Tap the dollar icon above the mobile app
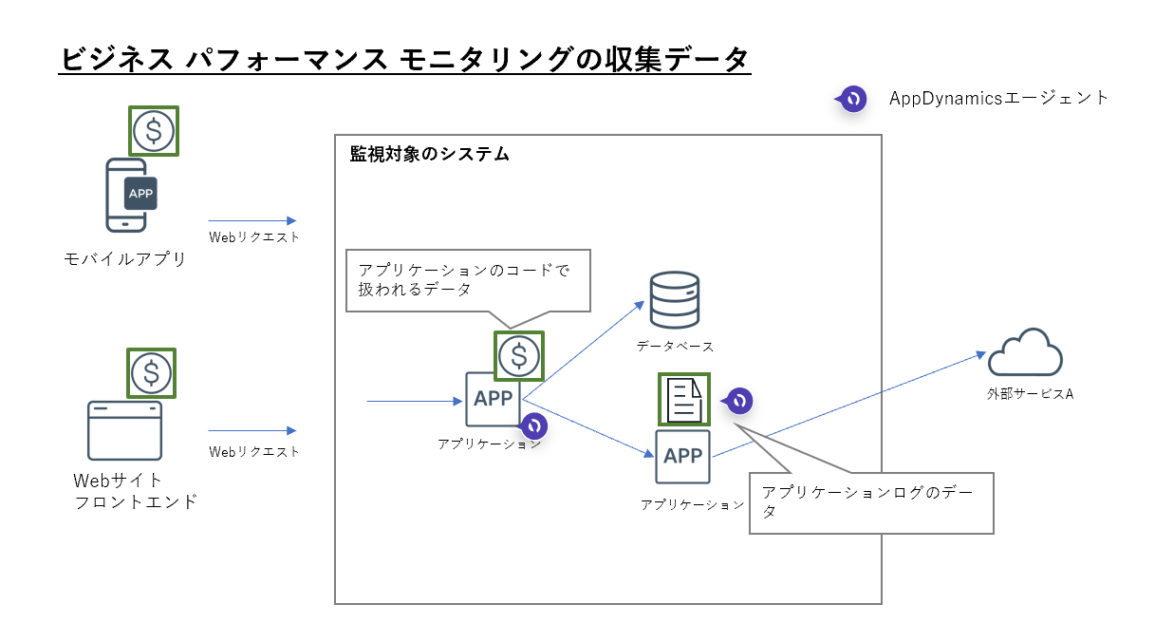(153, 131)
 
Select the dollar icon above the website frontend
(151, 372)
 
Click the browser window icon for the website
(124, 431)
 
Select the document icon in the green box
(683, 399)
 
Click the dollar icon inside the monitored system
(518, 355)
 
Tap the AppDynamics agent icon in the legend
(851, 99)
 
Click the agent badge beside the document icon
(738, 401)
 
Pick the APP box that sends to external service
(682, 457)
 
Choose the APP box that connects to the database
(493, 399)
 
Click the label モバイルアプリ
(124, 259)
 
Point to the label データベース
(675, 348)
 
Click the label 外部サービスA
(1029, 393)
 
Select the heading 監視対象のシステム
(429, 154)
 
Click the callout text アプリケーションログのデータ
(870, 501)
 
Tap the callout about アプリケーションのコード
(468, 279)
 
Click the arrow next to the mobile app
(252, 220)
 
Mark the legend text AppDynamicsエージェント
(998, 98)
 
